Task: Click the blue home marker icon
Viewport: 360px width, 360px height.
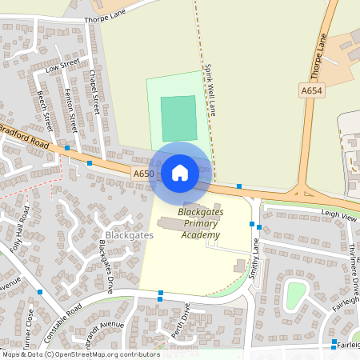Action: point(180,171)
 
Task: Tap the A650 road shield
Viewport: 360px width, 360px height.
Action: point(144,173)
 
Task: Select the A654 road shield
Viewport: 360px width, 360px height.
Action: point(312,92)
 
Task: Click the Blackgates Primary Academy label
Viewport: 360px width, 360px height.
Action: point(200,223)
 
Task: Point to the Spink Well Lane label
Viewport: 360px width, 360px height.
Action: point(210,90)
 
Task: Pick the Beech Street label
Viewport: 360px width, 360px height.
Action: point(44,110)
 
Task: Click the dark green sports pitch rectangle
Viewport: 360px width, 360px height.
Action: point(178,118)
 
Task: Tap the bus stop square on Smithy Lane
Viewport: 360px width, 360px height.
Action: point(251,224)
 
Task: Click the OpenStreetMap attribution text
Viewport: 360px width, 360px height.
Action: point(80,354)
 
